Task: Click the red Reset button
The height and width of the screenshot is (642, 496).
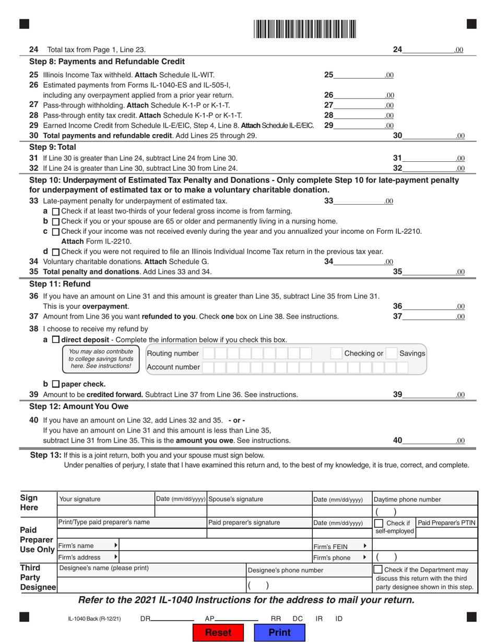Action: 218,632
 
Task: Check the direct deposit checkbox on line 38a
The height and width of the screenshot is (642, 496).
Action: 56,340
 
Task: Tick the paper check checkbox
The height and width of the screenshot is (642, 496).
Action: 56,384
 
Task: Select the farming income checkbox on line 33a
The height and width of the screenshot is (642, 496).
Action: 56,211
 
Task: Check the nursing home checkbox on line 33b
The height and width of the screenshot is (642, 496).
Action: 56,221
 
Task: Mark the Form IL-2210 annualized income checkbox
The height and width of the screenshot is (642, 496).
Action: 56,231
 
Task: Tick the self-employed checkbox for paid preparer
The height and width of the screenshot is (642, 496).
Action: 379,522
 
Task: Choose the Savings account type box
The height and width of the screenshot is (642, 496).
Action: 392,353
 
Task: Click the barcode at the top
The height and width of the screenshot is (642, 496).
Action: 305,29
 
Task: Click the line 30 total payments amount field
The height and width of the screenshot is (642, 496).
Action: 428,136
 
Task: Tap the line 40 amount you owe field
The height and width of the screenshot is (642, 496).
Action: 428,440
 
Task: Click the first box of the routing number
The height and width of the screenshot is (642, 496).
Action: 208,353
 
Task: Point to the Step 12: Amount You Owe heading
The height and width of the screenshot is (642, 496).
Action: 78,406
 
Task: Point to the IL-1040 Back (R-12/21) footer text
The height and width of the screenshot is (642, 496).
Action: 94,619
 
